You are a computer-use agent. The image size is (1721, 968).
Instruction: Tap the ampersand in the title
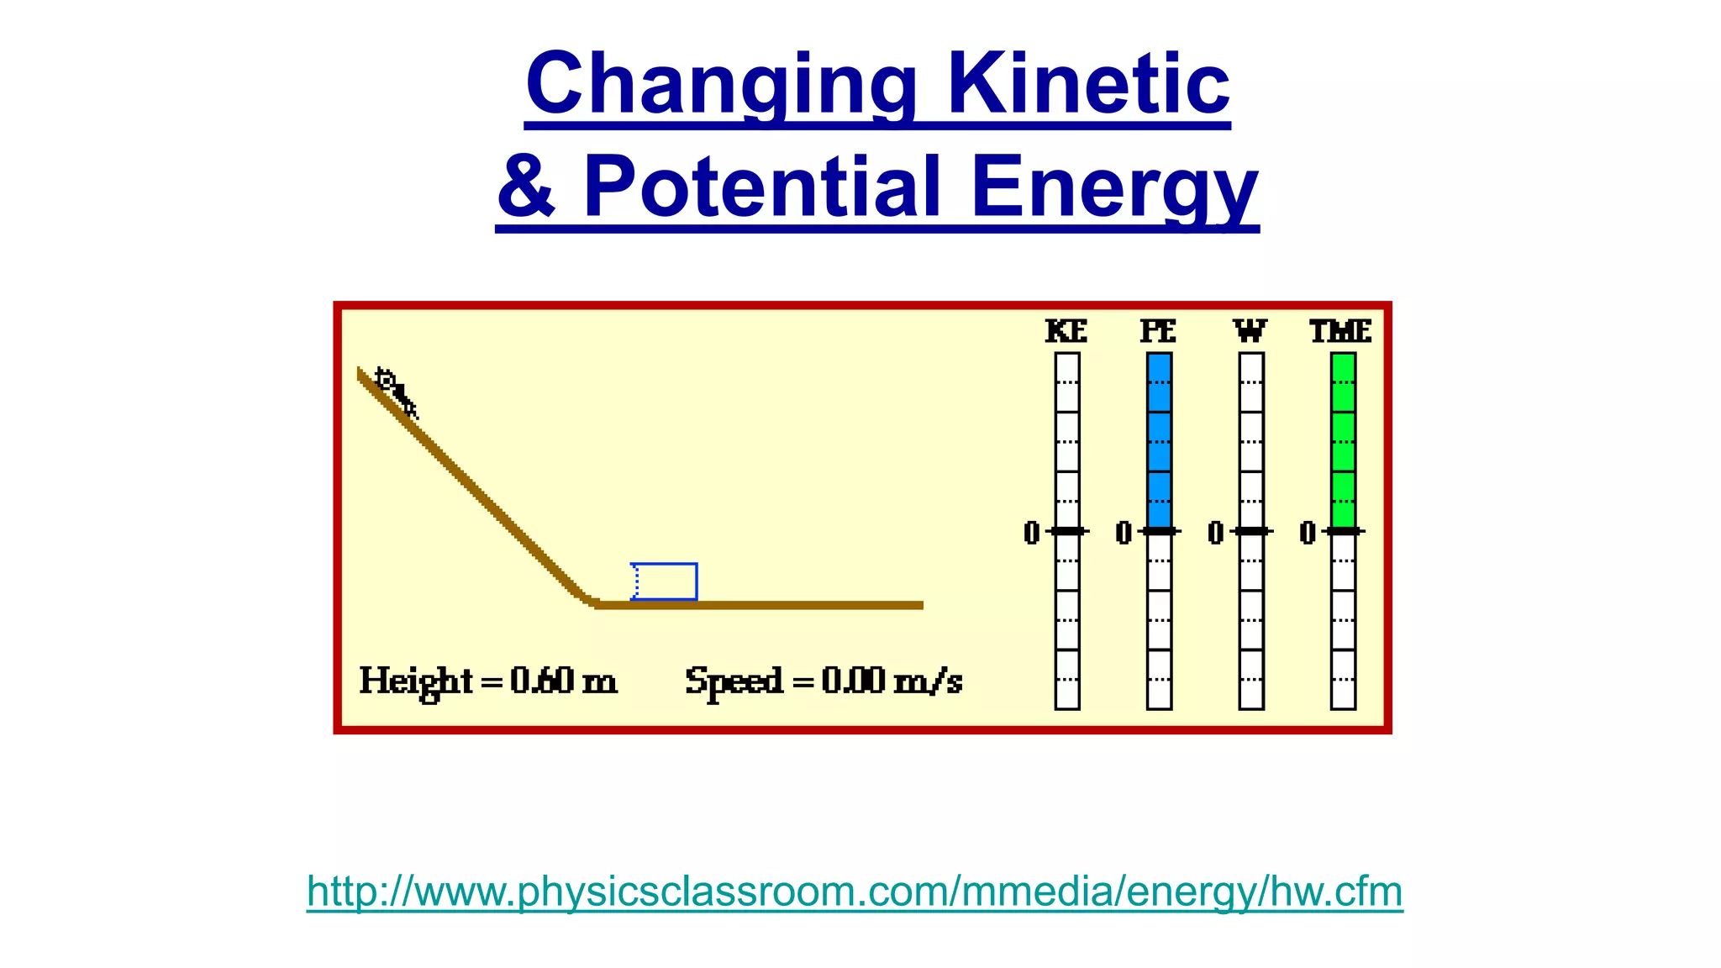pyautogui.click(x=527, y=187)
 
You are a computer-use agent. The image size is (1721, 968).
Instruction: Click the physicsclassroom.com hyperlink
pyautogui.click(x=855, y=891)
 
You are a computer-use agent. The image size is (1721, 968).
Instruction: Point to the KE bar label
pyautogui.click(x=1066, y=331)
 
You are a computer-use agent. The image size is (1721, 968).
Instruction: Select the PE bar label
pyautogui.click(x=1158, y=331)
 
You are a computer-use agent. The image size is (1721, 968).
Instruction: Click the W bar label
pyautogui.click(x=1250, y=331)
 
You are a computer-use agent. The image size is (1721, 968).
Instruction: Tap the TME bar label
pyautogui.click(x=1341, y=331)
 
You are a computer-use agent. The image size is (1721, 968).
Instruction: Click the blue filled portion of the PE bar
pyautogui.click(x=1159, y=441)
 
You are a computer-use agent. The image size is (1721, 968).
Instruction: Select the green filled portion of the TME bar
pyautogui.click(x=1343, y=441)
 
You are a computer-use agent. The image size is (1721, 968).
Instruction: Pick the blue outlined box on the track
pyautogui.click(x=665, y=581)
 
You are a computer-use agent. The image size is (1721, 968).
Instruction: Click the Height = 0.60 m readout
pyautogui.click(x=488, y=681)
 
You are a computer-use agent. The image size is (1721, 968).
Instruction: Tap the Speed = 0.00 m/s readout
pyautogui.click(x=824, y=681)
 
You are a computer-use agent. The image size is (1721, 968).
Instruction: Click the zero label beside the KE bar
pyautogui.click(x=1032, y=533)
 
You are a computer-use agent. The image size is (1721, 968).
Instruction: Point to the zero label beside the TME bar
pyautogui.click(x=1308, y=533)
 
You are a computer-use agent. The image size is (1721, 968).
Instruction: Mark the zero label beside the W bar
pyautogui.click(x=1215, y=533)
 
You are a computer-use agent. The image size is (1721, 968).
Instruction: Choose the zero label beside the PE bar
pyautogui.click(x=1124, y=533)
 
